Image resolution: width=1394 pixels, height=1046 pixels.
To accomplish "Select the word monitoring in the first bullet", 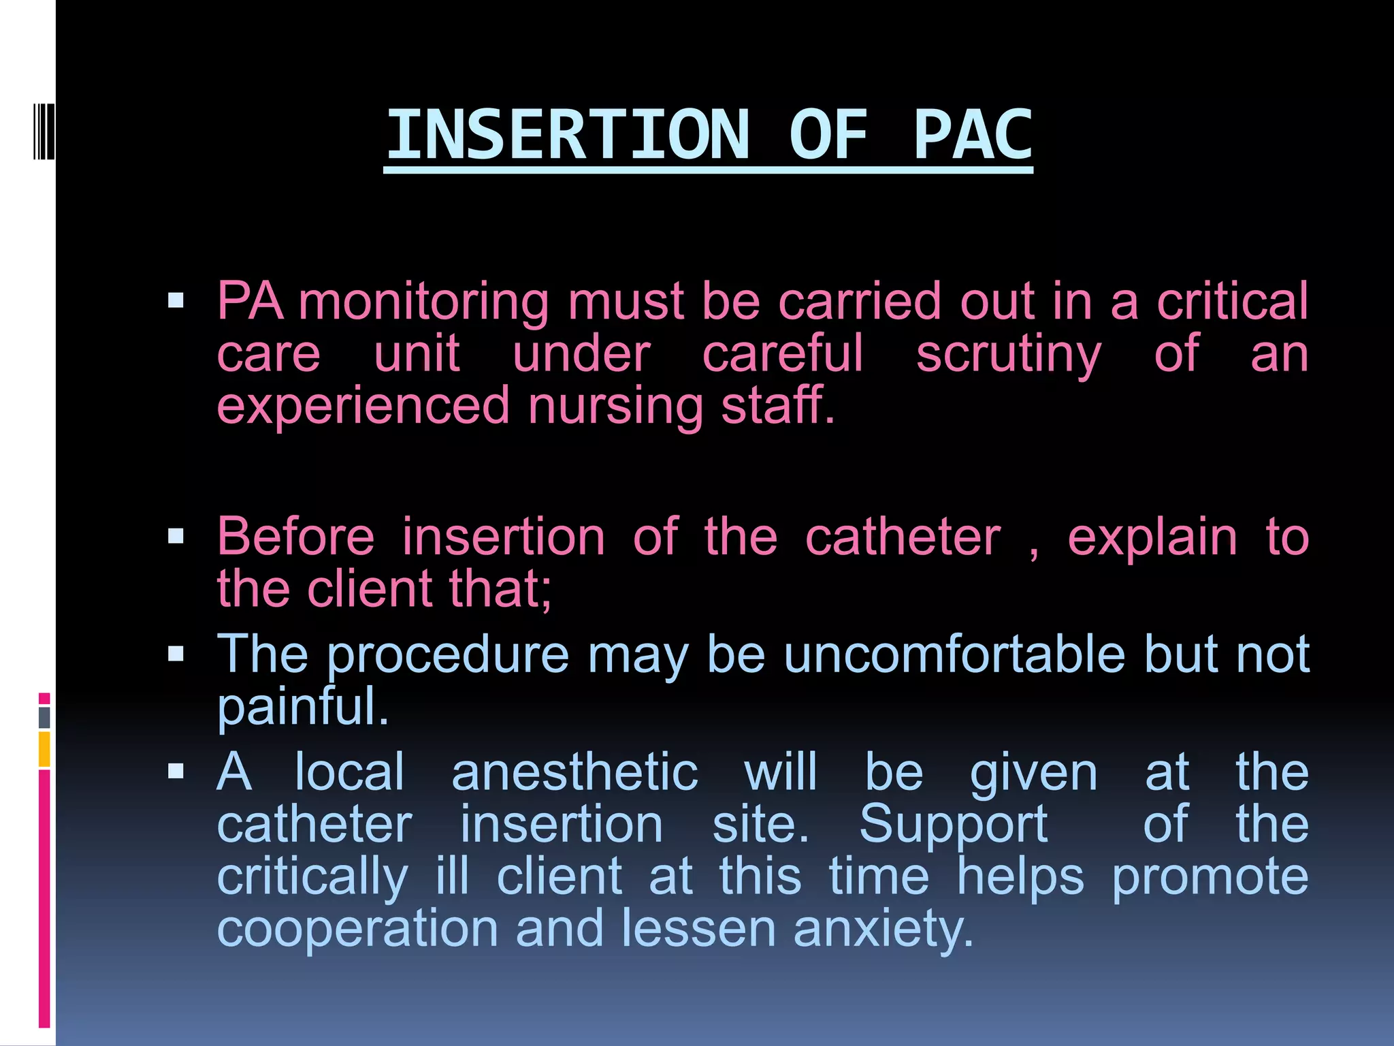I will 423,302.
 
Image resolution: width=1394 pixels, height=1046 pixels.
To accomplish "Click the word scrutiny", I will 1008,354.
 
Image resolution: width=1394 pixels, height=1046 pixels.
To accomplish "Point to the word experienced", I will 363,405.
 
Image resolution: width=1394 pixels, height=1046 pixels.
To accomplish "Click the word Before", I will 295,537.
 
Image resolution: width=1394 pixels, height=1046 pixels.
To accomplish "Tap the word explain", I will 1152,537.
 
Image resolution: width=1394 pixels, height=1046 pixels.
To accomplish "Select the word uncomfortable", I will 954,654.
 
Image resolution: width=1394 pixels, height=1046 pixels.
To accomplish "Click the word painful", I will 302,707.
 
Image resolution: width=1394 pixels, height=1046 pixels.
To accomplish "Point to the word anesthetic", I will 575,773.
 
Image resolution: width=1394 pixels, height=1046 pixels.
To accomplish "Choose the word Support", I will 953,825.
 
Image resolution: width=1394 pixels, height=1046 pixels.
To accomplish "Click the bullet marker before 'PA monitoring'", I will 176,300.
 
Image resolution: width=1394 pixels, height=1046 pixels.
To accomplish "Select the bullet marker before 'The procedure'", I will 176,654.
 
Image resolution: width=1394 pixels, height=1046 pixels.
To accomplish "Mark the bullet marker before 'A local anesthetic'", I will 176,772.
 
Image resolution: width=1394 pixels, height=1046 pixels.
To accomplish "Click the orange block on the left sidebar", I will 44,749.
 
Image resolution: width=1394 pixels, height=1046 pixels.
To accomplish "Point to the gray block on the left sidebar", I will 44,717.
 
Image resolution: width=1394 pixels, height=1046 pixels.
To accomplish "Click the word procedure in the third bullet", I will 448,654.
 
